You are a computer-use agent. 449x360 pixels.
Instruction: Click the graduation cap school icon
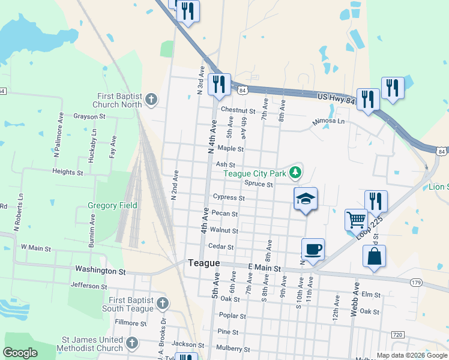click(306, 199)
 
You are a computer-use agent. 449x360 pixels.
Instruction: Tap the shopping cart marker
click(356, 220)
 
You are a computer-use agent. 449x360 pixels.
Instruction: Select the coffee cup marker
click(313, 248)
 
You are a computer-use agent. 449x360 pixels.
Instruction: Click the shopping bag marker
click(374, 256)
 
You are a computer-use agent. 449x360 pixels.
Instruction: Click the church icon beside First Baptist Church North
click(151, 100)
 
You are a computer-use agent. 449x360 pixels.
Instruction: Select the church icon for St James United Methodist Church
click(132, 343)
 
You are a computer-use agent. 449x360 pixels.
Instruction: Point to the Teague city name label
click(203, 263)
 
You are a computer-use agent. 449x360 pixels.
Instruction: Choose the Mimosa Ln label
click(328, 121)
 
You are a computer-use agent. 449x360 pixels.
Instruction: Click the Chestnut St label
click(238, 110)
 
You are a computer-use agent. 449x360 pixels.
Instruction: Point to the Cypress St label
click(229, 197)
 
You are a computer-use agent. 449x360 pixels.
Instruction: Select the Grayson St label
click(89, 116)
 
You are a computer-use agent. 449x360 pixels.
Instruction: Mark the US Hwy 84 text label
click(337, 97)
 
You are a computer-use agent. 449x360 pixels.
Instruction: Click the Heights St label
click(68, 172)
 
